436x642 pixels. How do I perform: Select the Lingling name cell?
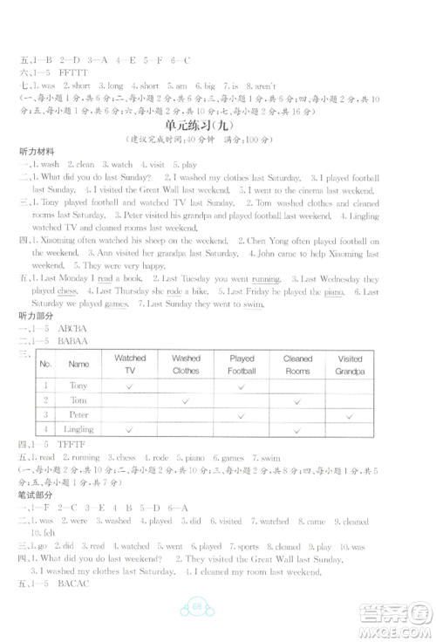(79, 430)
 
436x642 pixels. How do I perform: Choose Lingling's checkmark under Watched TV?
(129, 431)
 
